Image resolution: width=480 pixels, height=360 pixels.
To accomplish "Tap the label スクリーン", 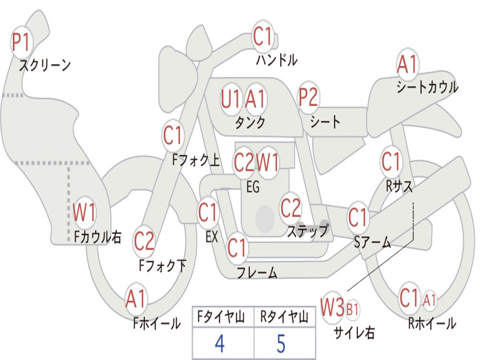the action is click(x=45, y=65).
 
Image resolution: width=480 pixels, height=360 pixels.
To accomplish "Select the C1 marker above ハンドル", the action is click(x=262, y=37).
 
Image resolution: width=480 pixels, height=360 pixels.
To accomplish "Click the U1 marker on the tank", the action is click(x=231, y=99).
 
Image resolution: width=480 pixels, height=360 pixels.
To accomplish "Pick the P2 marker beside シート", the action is click(x=308, y=98).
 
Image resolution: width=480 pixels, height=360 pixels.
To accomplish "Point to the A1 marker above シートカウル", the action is click(x=407, y=65).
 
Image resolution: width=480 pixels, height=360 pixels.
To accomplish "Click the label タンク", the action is click(x=250, y=123).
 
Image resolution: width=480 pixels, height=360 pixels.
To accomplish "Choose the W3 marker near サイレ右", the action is click(x=332, y=308).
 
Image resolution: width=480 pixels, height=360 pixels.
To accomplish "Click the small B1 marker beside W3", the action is click(x=352, y=309).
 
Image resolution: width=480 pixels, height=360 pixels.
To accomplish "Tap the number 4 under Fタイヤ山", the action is click(x=219, y=344).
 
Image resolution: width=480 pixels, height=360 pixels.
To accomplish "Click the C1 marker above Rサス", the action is click(x=391, y=162).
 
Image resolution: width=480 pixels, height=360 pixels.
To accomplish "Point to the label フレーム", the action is click(x=257, y=273).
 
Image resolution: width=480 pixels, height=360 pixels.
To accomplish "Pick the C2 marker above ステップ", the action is click(x=291, y=208).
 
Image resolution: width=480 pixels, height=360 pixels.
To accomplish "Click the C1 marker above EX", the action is click(x=208, y=213).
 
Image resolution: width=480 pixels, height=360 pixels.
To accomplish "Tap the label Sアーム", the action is click(x=373, y=242).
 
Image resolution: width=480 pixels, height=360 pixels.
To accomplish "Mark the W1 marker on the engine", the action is click(x=268, y=163).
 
